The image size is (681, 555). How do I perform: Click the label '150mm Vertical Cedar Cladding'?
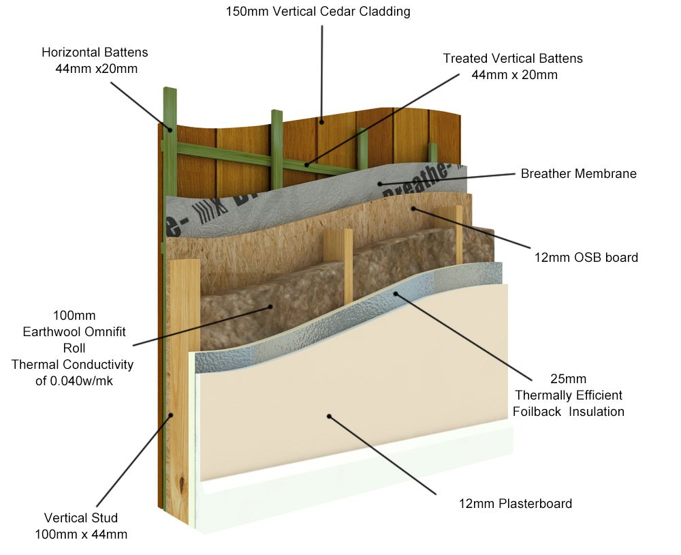pos(318,12)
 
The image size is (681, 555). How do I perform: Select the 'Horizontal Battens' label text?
pos(95,52)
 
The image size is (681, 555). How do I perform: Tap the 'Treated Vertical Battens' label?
pos(513,59)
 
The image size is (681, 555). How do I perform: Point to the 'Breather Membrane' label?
pos(578,174)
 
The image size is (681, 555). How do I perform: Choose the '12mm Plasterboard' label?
pos(516,504)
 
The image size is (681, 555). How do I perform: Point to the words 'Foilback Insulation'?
pos(569,411)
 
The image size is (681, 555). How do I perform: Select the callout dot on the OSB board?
pos(413,209)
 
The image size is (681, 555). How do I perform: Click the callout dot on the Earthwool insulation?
pos(270,307)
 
